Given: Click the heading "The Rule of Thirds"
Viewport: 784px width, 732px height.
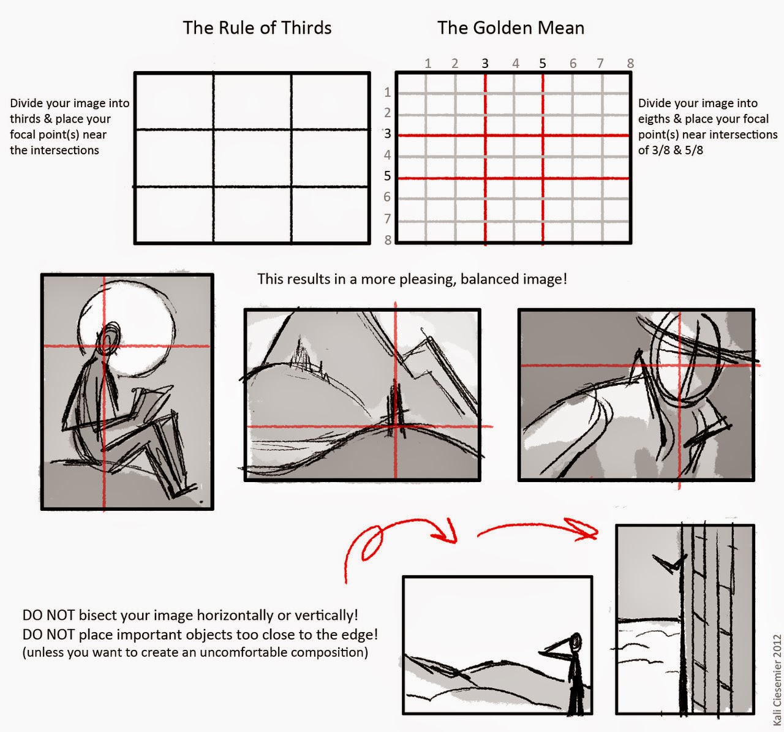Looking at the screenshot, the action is coord(257,28).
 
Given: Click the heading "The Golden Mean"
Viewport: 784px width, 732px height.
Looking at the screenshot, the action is coord(511,28).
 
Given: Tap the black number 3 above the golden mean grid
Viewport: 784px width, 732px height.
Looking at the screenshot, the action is coord(485,63).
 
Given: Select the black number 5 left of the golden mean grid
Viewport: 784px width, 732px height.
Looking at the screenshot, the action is coord(388,176).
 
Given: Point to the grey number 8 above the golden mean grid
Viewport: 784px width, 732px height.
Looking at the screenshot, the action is coord(630,63).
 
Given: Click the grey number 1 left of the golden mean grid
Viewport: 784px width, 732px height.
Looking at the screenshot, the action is coord(388,92).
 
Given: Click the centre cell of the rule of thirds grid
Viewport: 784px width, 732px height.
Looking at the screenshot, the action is coord(252,158).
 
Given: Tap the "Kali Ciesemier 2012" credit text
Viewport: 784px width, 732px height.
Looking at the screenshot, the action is coord(777,679).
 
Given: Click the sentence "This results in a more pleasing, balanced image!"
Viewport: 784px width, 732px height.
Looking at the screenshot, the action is coord(412,279).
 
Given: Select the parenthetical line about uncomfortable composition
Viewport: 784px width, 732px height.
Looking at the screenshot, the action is coord(195,652).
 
